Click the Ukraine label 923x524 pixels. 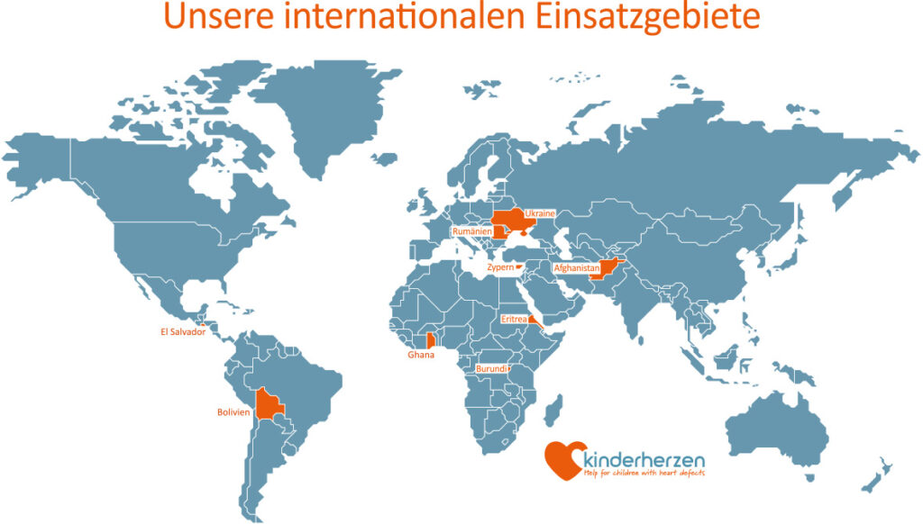[539, 213]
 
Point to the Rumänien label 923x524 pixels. [471, 231]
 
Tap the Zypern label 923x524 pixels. [499, 267]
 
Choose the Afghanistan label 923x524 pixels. [575, 267]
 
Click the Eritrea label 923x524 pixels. [513, 318]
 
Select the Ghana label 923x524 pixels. [420, 356]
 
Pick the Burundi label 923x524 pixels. [490, 368]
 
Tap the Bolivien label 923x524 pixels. [233, 412]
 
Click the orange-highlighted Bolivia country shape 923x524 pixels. [268, 407]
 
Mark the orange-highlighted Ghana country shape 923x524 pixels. [431, 340]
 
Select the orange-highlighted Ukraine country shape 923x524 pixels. [510, 219]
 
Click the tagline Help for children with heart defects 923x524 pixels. [644, 473]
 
